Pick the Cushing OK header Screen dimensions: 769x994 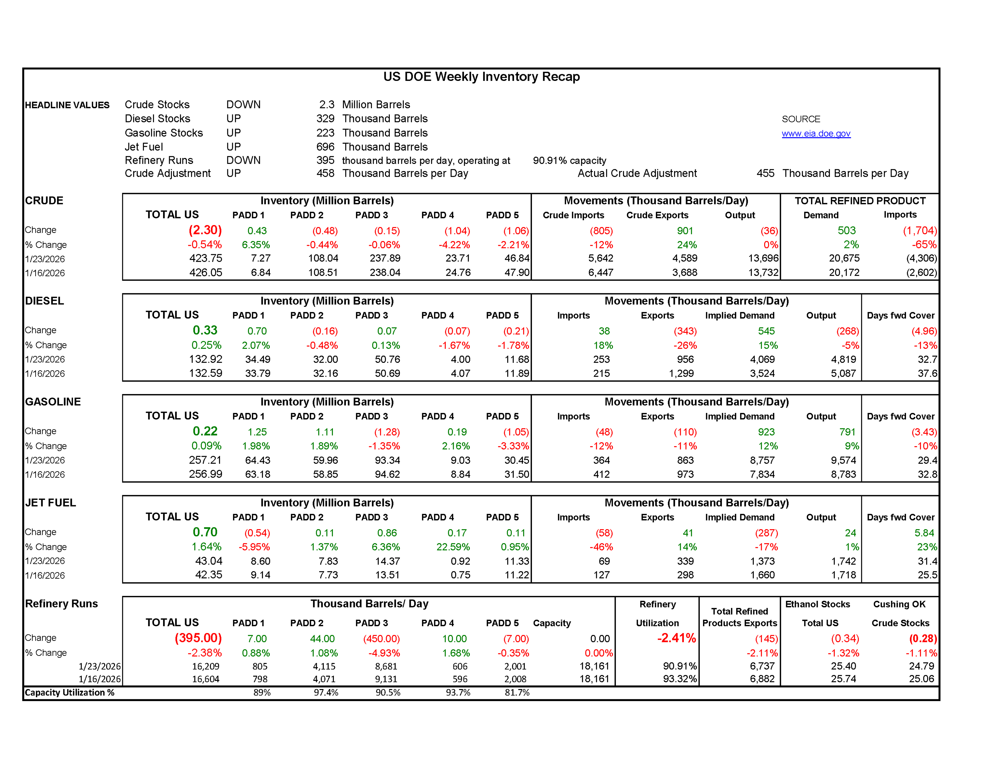tap(899, 604)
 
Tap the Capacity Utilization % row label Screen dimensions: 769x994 tap(69, 693)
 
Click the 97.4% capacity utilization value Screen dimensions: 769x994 tap(326, 693)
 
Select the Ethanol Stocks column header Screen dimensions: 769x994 tap(817, 604)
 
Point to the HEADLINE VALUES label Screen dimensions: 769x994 tap(67, 105)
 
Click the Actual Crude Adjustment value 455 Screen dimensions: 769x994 tap(765, 174)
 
